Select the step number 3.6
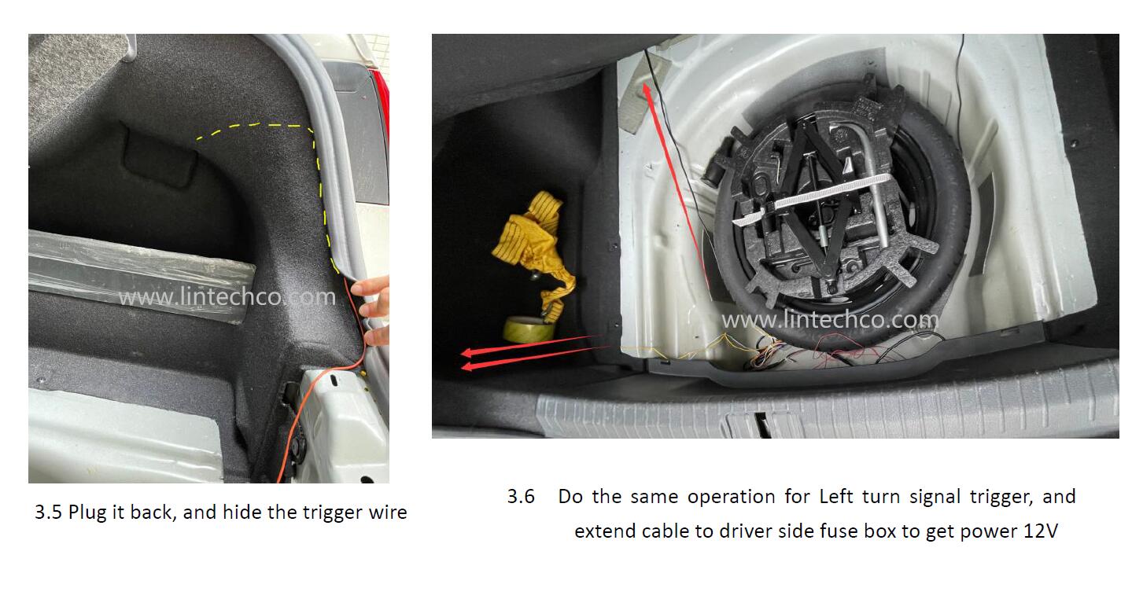[x=521, y=497]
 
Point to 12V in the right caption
[x=1041, y=531]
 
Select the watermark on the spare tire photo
[x=830, y=320]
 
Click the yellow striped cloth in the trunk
[x=532, y=248]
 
